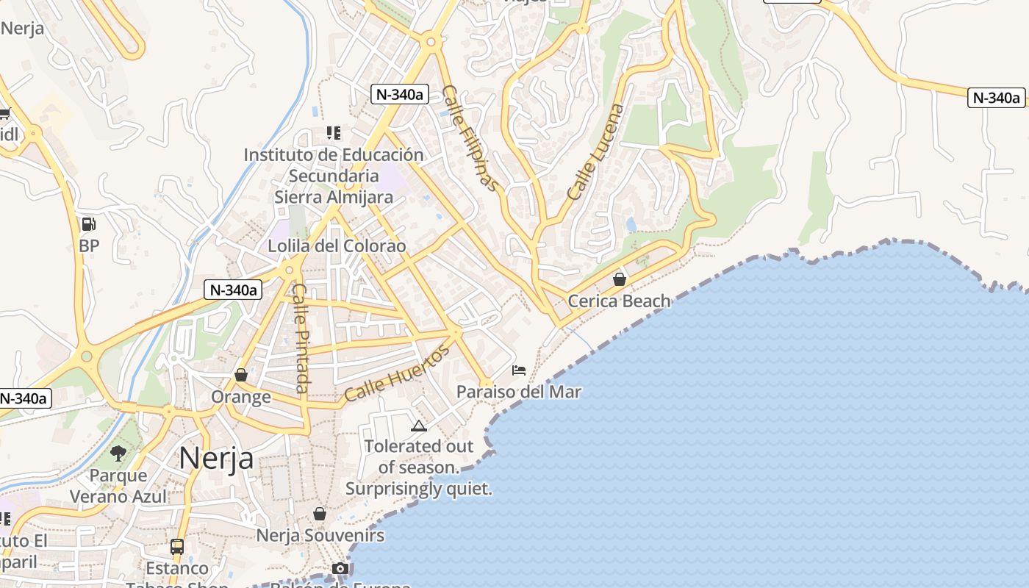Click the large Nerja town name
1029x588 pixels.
point(216,458)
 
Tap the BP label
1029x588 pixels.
point(89,246)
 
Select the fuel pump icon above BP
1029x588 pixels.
point(88,224)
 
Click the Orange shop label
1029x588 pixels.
point(241,398)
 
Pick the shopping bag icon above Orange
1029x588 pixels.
point(240,376)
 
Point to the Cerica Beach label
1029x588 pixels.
point(619,301)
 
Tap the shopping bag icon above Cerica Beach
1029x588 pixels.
point(620,279)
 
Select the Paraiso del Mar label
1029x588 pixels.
point(519,392)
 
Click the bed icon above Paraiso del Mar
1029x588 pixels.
point(519,370)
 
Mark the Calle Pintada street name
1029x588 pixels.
point(302,338)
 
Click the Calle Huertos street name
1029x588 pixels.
point(396,374)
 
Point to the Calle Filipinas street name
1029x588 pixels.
point(471,138)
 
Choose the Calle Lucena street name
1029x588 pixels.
point(595,152)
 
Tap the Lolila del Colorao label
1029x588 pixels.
point(337,246)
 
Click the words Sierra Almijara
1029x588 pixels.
point(334,197)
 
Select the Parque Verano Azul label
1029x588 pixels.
point(118,486)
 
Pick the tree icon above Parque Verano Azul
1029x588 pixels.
point(118,453)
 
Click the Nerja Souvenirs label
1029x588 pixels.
point(320,536)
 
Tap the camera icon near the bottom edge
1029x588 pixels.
point(340,569)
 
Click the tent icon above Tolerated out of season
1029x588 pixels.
point(418,426)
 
